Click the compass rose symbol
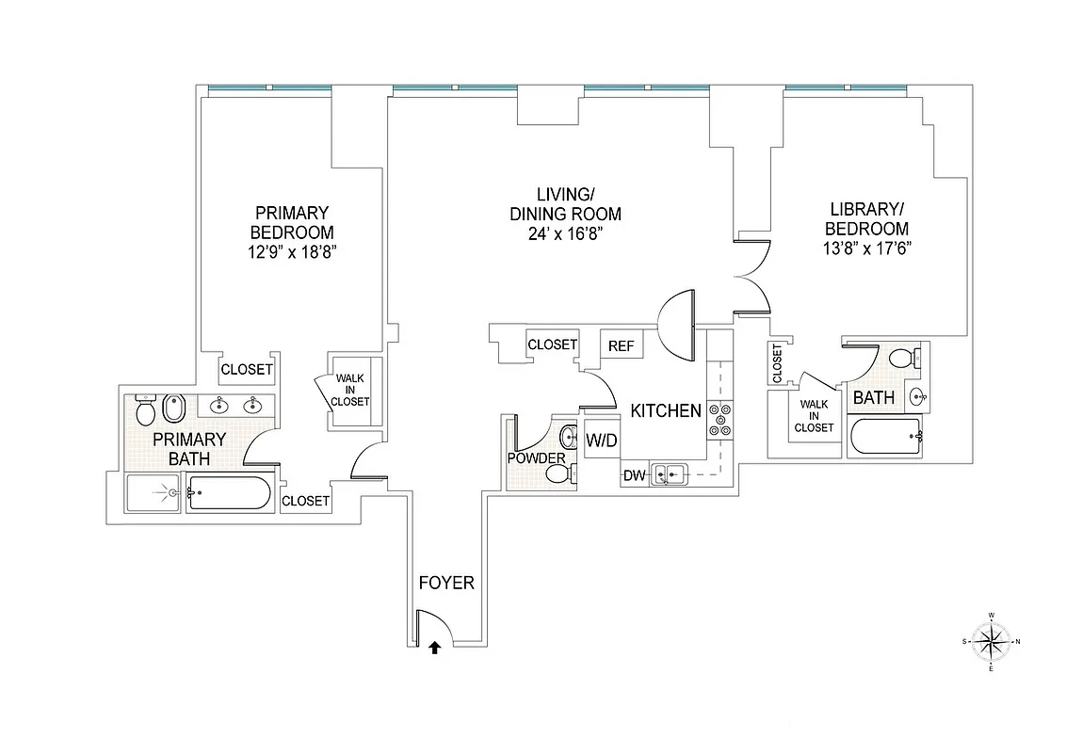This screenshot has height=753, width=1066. pos(991,642)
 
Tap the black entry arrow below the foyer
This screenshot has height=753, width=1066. pos(434,648)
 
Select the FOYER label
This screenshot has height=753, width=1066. pos(446,584)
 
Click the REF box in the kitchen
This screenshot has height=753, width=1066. pos(622,346)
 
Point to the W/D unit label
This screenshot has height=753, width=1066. pos(601,440)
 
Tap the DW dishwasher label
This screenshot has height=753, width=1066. pos(633,476)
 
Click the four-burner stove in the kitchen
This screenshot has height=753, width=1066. pos(719,420)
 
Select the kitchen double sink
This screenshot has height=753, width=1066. pos(671,475)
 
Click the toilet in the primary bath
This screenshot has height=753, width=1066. pos(145,410)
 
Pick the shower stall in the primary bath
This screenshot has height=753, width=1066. pos(153,492)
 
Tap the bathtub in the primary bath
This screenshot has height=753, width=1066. pos(229,493)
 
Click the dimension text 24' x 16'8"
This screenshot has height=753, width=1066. pos(565,234)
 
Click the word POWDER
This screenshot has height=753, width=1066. pos(536,458)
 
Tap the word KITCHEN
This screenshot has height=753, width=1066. pos(666,411)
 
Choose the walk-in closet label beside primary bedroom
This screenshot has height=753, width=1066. pos(350,390)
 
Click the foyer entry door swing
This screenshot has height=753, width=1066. pos(435,628)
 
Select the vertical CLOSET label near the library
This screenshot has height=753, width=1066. pos(777,363)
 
